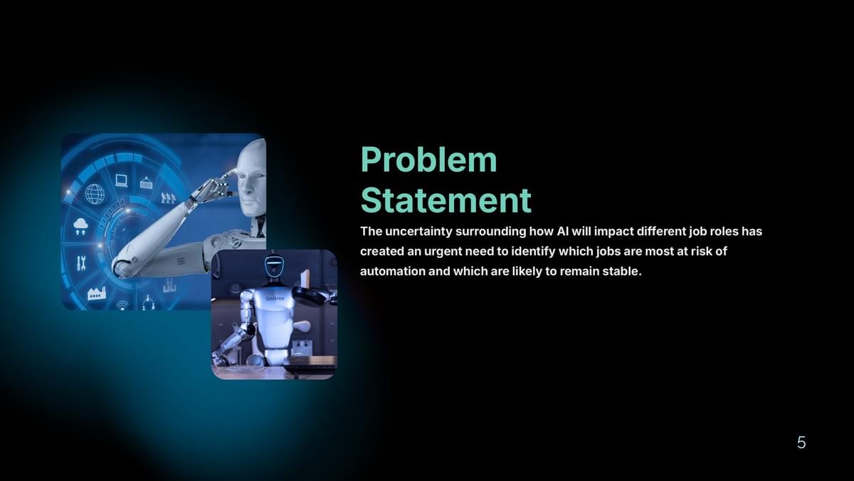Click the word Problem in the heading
click(x=429, y=160)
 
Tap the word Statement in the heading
click(x=446, y=200)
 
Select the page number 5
click(x=801, y=443)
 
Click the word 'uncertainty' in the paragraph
click(x=418, y=232)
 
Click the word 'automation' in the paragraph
click(x=393, y=271)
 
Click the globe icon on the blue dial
click(x=95, y=194)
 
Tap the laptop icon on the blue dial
click(x=121, y=180)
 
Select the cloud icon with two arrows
click(x=80, y=227)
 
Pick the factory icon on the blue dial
click(x=97, y=294)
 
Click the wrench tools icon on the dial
click(x=81, y=263)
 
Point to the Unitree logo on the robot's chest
click(x=275, y=299)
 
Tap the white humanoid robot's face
click(x=253, y=182)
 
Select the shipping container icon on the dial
click(x=146, y=183)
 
